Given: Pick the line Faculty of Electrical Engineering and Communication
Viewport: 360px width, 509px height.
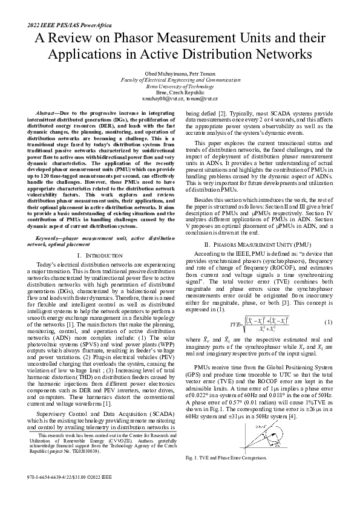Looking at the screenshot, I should (x=180, y=79).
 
